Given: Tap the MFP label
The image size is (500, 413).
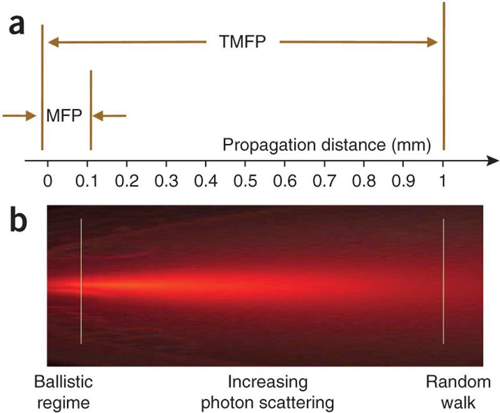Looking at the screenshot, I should pyautogui.click(x=65, y=116).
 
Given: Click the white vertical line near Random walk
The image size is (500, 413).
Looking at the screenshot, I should pyautogui.click(x=443, y=282).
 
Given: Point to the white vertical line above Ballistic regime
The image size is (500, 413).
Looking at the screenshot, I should pyautogui.click(x=81, y=282).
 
